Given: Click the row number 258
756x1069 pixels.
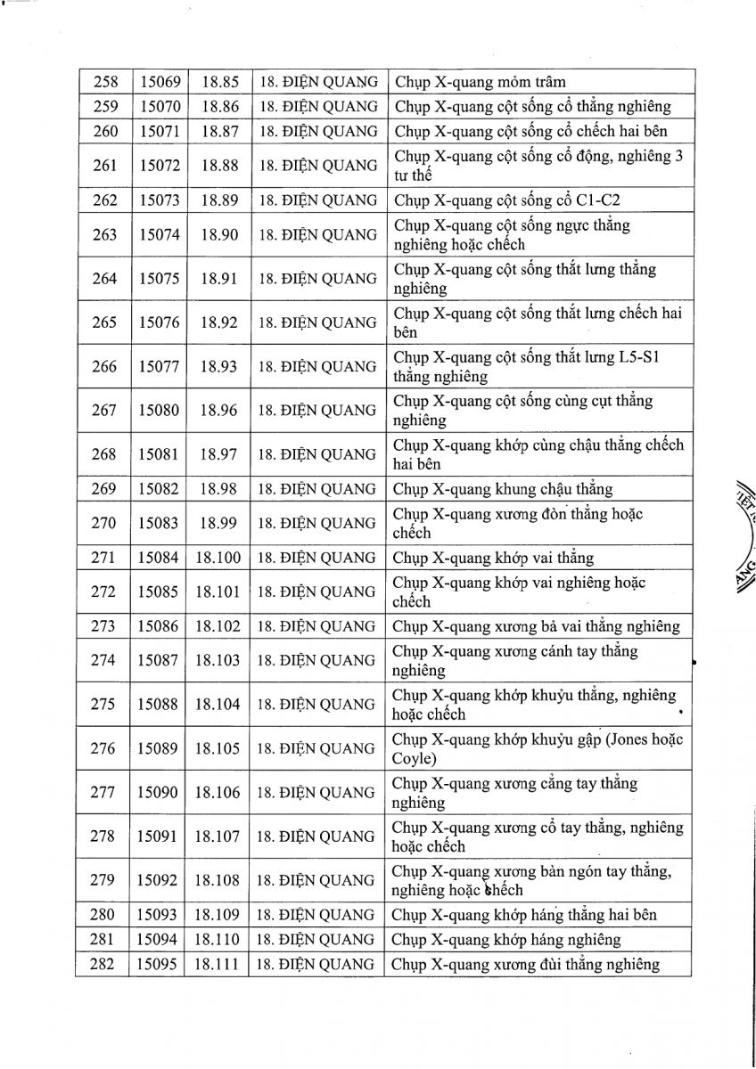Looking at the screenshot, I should [x=104, y=82].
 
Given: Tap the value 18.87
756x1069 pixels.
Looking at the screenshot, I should [x=219, y=132].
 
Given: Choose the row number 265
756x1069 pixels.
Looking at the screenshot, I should [x=104, y=322].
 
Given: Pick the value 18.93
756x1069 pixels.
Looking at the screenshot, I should [x=219, y=366].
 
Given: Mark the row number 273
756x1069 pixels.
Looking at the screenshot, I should [x=104, y=626].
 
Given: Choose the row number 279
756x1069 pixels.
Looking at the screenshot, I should [x=104, y=880].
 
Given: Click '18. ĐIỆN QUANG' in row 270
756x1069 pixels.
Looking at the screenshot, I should [x=317, y=524].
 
